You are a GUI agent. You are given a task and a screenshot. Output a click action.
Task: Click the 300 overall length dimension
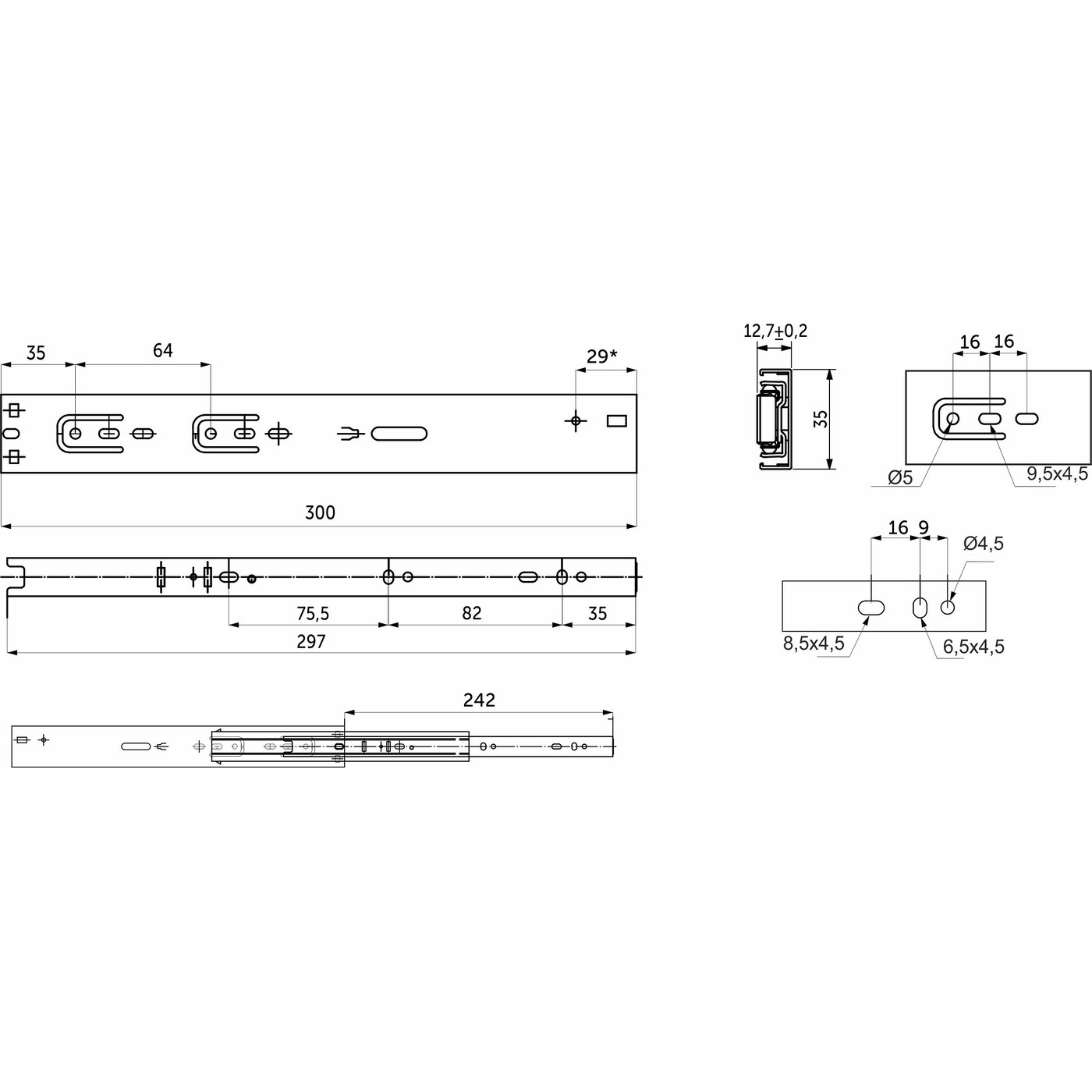[x=320, y=512]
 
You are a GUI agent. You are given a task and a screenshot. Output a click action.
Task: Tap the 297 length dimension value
[x=310, y=641]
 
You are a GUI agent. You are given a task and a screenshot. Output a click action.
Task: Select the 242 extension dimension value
[x=479, y=700]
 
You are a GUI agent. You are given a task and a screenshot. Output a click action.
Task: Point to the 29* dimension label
[x=601, y=356]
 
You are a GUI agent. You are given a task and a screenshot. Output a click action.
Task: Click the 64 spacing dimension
[x=162, y=351]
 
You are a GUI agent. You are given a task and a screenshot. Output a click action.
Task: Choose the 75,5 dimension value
[x=312, y=614]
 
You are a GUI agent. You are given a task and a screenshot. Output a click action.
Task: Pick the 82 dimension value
[x=471, y=613]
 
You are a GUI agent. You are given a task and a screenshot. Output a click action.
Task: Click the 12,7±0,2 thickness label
[x=775, y=331]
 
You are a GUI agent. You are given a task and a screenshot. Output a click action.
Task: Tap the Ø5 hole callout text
[x=900, y=477]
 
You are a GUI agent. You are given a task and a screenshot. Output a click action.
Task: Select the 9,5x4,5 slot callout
[x=1057, y=473]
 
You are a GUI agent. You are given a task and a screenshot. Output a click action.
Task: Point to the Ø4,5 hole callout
[x=983, y=544]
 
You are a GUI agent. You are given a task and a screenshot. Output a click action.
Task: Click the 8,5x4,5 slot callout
[x=814, y=643]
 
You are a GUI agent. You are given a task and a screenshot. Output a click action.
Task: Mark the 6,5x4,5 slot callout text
[x=973, y=647]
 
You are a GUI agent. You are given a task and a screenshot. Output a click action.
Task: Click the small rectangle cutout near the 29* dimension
[x=617, y=421]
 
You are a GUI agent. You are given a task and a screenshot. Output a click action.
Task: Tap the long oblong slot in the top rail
[x=399, y=434]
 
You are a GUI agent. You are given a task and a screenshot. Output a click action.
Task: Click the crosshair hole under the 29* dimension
[x=576, y=421]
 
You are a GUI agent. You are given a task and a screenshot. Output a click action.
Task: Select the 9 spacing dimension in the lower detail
[x=924, y=528]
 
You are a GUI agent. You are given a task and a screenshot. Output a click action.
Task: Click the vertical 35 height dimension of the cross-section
[x=820, y=419]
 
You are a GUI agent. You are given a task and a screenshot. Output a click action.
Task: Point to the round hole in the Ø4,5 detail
[x=948, y=607]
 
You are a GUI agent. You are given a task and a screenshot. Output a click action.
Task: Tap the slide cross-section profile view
[x=774, y=419]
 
